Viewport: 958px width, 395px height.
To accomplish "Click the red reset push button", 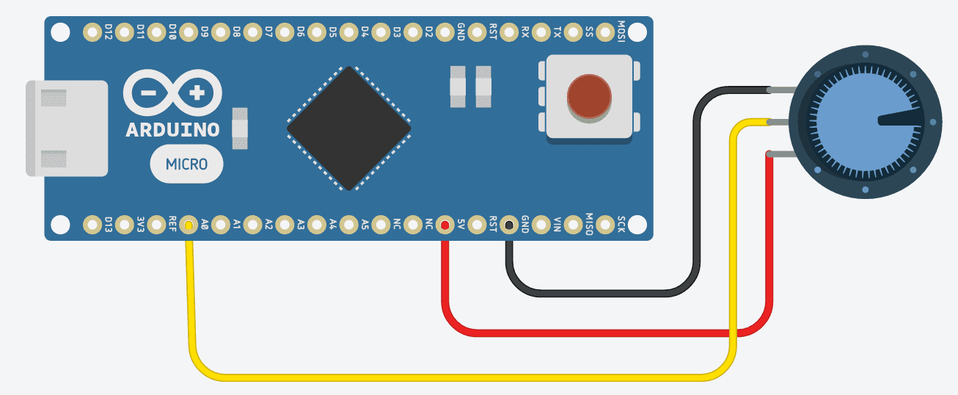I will coord(588,96).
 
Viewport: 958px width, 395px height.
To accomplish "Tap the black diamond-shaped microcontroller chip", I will coord(348,128).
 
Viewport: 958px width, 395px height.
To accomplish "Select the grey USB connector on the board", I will coord(66,128).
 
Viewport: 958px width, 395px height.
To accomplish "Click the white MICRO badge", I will coord(186,164).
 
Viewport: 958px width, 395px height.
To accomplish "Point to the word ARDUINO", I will coord(173,130).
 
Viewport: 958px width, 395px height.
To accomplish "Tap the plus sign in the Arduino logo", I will coord(197,93).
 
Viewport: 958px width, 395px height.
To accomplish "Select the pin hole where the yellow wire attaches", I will coord(189,224).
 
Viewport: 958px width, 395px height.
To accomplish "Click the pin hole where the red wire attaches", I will coord(444,224).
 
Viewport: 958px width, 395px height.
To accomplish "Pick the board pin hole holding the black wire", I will coord(508,224).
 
